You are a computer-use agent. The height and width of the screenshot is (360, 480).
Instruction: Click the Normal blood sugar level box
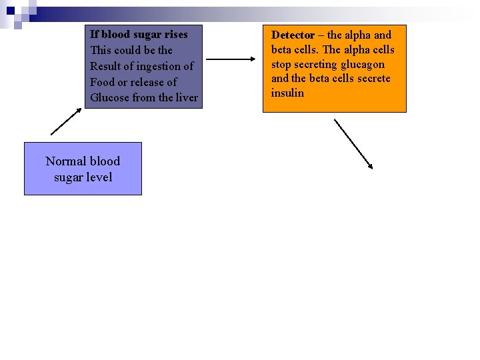click(83, 169)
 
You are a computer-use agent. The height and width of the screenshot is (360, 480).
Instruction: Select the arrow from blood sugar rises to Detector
click(227, 59)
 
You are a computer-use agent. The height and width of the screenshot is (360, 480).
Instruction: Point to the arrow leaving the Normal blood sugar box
click(65, 121)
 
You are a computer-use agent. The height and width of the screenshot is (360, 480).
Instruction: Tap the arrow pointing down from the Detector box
click(353, 144)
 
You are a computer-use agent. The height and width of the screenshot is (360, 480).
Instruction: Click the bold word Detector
click(293, 35)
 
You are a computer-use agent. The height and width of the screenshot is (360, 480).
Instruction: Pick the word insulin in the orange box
click(287, 93)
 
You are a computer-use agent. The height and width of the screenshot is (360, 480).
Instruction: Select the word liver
click(186, 98)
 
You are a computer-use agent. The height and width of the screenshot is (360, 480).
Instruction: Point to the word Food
click(103, 82)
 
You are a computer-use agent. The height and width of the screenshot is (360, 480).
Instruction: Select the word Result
click(106, 66)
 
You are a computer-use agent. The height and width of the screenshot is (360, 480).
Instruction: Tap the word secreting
click(316, 64)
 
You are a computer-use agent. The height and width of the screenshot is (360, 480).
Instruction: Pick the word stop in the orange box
click(281, 64)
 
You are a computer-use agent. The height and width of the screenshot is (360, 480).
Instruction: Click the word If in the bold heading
click(94, 34)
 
